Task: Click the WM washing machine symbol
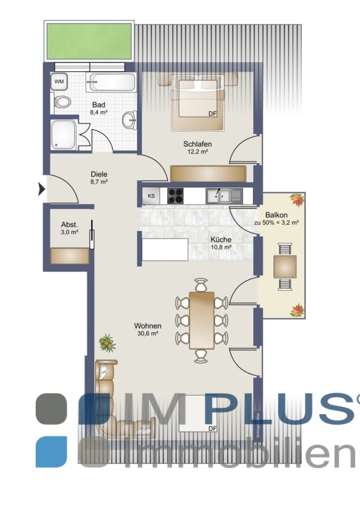point(59,82)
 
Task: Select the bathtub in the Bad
point(111,83)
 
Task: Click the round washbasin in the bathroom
point(130,120)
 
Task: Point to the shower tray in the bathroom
point(63,135)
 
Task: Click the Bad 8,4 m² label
point(99,108)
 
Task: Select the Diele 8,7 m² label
point(99,177)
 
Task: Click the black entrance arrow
point(41,189)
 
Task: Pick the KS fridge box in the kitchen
point(151,196)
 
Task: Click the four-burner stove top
point(175,196)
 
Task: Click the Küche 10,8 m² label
point(221,243)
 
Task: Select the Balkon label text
point(276,215)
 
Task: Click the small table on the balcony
point(285,267)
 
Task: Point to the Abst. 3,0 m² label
point(70,228)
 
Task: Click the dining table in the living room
point(202,320)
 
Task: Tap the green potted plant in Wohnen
point(107,343)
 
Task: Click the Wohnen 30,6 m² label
point(148,329)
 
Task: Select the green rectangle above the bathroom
point(89,41)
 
